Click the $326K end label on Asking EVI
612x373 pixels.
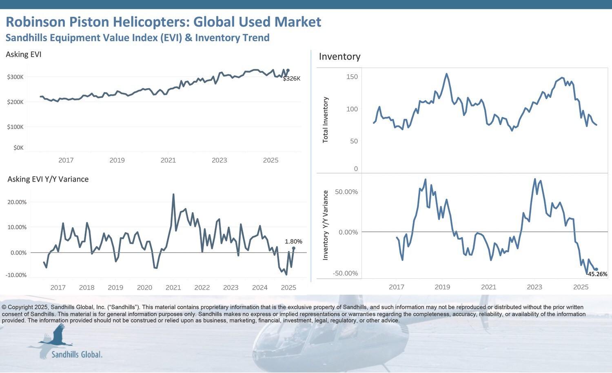click(x=291, y=79)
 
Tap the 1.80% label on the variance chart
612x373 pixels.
click(x=293, y=242)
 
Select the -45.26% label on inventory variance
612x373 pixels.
click(x=597, y=274)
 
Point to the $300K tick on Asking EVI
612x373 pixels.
click(x=16, y=77)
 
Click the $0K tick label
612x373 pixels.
click(x=18, y=148)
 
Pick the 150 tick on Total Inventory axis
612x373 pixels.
click(x=352, y=77)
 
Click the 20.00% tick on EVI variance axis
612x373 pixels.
click(x=17, y=202)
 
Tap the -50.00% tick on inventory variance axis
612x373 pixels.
click(x=345, y=273)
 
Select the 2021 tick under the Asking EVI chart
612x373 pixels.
click(x=168, y=160)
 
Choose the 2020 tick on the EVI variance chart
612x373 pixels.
click(x=144, y=288)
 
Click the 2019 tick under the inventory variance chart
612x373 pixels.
click(x=442, y=287)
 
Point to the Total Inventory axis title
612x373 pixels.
click(x=326, y=120)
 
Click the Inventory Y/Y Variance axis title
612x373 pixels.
click(x=326, y=225)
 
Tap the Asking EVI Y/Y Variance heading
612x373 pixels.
click(x=48, y=179)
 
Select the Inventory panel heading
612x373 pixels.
click(x=339, y=57)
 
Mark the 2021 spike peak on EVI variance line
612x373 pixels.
click(x=173, y=194)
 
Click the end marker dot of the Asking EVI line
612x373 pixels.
click(x=288, y=70)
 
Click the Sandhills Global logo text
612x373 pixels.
click(x=77, y=354)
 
